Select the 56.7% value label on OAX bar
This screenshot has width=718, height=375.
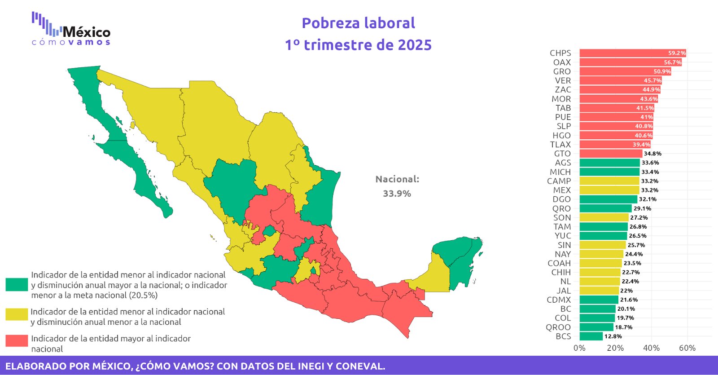(x=672, y=62)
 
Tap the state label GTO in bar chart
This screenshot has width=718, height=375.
(x=562, y=154)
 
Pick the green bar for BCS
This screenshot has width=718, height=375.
(x=591, y=336)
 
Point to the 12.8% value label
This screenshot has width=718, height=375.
(x=613, y=336)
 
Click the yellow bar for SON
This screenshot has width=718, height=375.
(x=604, y=218)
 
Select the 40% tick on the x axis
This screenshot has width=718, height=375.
(x=651, y=348)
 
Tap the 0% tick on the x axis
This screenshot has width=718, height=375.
(x=579, y=348)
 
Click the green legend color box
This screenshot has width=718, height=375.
(x=17, y=285)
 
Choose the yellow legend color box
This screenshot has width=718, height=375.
(x=17, y=314)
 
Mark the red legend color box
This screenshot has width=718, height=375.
(x=17, y=341)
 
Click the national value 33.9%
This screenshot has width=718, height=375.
(x=397, y=194)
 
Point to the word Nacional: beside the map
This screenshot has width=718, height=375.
(x=397, y=179)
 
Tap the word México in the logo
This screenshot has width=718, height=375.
(x=87, y=32)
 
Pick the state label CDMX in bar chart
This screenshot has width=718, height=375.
(x=559, y=300)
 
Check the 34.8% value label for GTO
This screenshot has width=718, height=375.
(x=652, y=154)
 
